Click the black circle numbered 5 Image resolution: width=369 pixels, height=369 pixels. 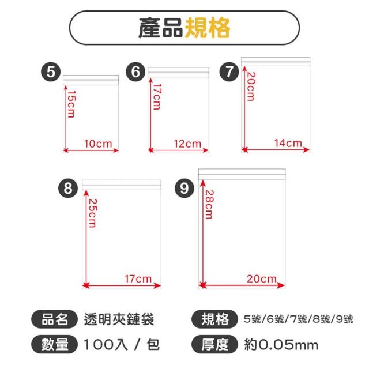[x=51, y=72]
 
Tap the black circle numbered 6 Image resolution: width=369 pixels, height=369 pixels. [x=135, y=72]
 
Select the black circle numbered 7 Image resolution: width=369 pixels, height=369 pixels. [x=229, y=72]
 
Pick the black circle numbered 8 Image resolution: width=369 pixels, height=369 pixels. [x=68, y=189]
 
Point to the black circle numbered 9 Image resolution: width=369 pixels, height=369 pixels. [x=184, y=189]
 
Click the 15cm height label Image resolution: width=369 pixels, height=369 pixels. [x=71, y=104]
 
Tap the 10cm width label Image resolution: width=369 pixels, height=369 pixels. [x=98, y=144]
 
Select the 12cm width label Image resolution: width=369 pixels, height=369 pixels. [x=187, y=144]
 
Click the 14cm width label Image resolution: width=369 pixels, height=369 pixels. [x=288, y=143]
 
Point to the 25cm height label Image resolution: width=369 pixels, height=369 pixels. [x=92, y=213]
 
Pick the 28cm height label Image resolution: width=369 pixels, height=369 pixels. [x=209, y=204]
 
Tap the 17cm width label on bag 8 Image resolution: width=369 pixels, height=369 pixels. [x=138, y=279]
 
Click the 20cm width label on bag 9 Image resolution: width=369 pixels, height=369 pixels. [x=262, y=279]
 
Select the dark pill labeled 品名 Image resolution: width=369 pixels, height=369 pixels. [x=54, y=319]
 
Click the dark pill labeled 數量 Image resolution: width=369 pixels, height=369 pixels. [x=54, y=344]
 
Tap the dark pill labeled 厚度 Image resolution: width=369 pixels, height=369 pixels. [x=214, y=344]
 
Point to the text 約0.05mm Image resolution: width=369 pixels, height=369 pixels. [x=281, y=345]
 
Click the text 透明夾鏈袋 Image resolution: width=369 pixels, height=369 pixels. [x=119, y=319]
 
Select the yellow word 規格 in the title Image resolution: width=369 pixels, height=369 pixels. [x=207, y=28]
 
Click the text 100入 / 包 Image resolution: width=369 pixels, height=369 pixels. [x=122, y=345]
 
